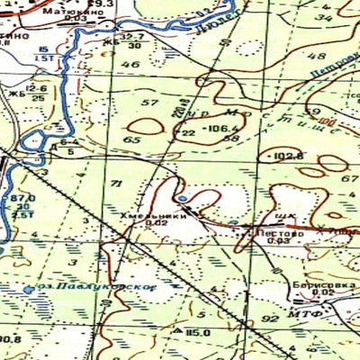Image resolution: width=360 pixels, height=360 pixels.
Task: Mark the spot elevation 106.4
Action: tap(203, 128)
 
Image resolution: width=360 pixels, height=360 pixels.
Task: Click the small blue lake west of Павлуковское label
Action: tap(28, 290)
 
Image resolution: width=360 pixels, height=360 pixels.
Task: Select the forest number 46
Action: tap(131, 65)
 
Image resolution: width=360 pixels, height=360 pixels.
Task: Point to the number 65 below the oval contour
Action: tap(133, 140)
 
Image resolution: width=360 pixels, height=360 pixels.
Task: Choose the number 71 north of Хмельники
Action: tap(115, 184)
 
